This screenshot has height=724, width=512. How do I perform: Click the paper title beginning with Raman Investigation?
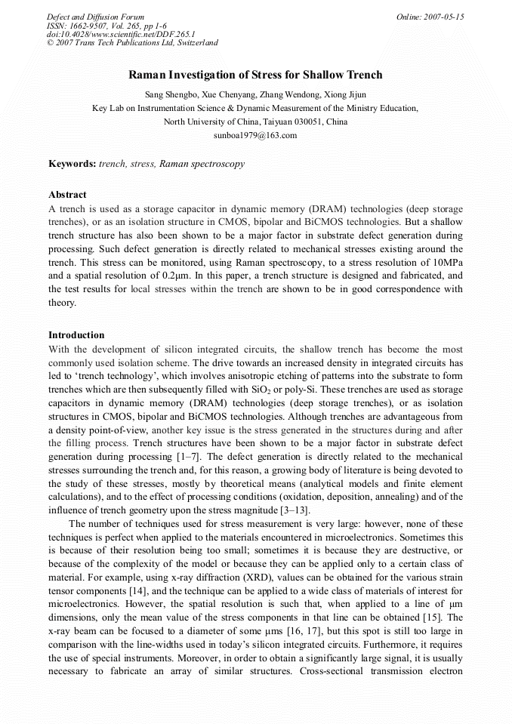255,75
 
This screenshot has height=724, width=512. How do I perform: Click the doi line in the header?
120,34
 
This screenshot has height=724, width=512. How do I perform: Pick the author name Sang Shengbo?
171,94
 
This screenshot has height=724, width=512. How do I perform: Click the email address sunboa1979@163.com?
256,135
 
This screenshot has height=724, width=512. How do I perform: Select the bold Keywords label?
72,163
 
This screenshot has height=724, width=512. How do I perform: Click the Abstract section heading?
67,194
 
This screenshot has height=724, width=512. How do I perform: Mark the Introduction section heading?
76,334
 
